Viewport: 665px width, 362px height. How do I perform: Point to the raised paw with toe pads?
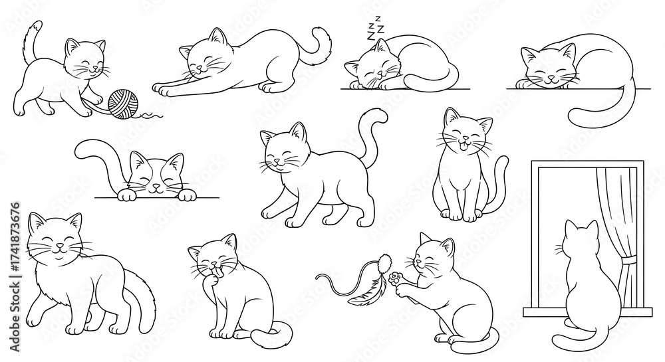pyautogui.click(x=398, y=280)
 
